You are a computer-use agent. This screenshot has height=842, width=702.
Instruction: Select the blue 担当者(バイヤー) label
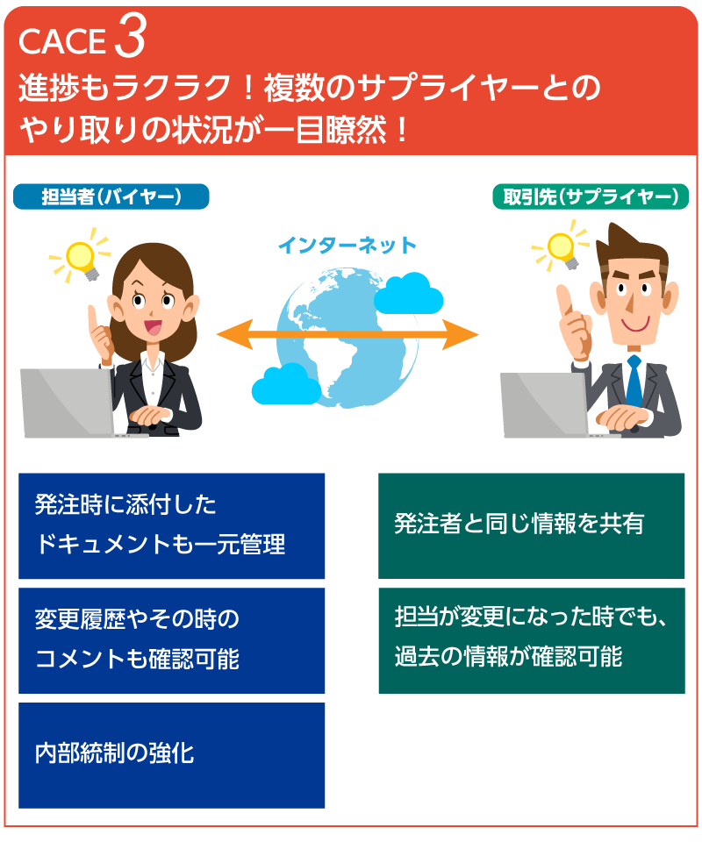point(111,196)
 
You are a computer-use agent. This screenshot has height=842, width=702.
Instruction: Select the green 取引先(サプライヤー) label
point(591,196)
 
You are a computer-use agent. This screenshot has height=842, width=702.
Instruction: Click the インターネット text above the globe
point(347,246)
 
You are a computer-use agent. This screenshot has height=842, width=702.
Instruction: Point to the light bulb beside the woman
point(82,253)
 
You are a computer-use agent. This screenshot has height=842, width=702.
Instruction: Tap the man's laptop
point(545,404)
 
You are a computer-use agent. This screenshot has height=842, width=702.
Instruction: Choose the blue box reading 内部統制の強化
point(171,754)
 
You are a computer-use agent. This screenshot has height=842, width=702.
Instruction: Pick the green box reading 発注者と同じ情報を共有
point(531,525)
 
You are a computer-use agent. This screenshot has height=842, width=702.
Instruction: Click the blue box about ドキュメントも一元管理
point(171,525)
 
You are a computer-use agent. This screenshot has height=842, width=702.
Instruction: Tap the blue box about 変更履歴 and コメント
point(171,640)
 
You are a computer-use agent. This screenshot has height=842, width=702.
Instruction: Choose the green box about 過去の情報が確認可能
point(531,640)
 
